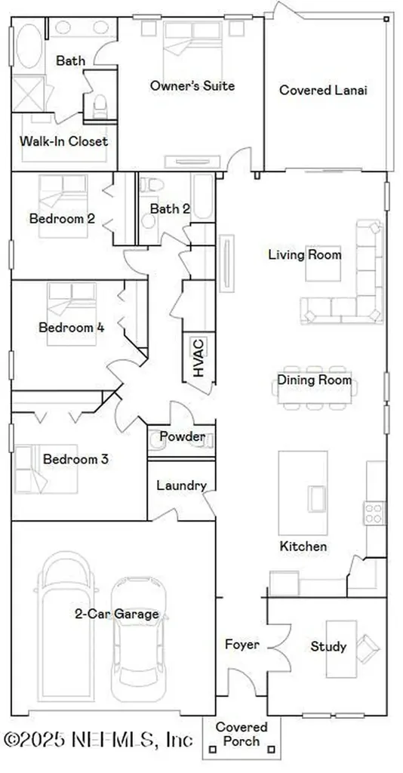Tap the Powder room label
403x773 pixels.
point(182,437)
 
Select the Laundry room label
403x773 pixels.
point(180,485)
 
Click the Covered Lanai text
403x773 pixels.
point(323,91)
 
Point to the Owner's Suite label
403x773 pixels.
point(192,86)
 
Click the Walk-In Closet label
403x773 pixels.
point(63,141)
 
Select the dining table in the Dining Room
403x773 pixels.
point(312,393)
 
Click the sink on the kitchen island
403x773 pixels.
point(316,497)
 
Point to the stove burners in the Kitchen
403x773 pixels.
point(374,513)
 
